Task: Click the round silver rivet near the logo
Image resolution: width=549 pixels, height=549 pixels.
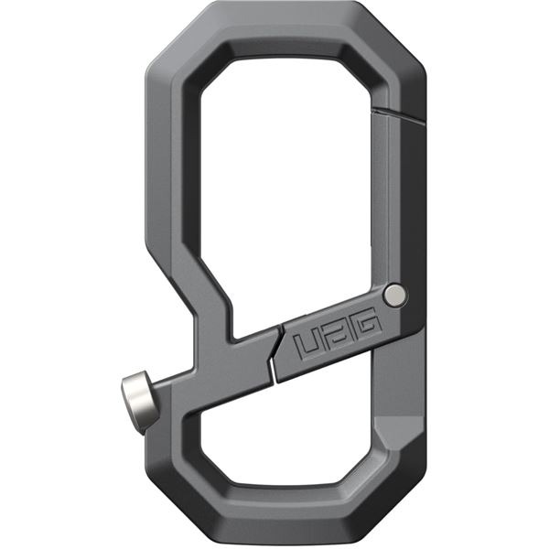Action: [x=395, y=295]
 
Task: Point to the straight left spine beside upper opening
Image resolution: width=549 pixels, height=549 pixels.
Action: [x=170, y=183]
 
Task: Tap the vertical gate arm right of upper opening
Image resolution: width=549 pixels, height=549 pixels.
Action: [x=398, y=201]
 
